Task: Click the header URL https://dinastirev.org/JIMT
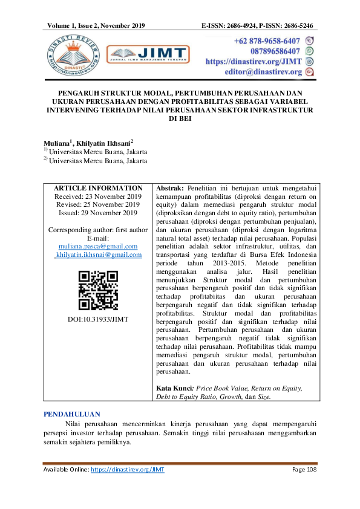pyautogui.click(x=254, y=62)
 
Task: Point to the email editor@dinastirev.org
pyautogui.click(x=263, y=72)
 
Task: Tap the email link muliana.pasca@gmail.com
pyautogui.click(x=98, y=247)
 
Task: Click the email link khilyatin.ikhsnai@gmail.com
pyautogui.click(x=98, y=255)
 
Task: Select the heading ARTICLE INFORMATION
pyautogui.click(x=98, y=189)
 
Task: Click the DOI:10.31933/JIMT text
pyautogui.click(x=98, y=319)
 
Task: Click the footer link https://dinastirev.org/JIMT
pyautogui.click(x=128, y=470)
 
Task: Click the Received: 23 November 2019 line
pyautogui.click(x=98, y=197)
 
